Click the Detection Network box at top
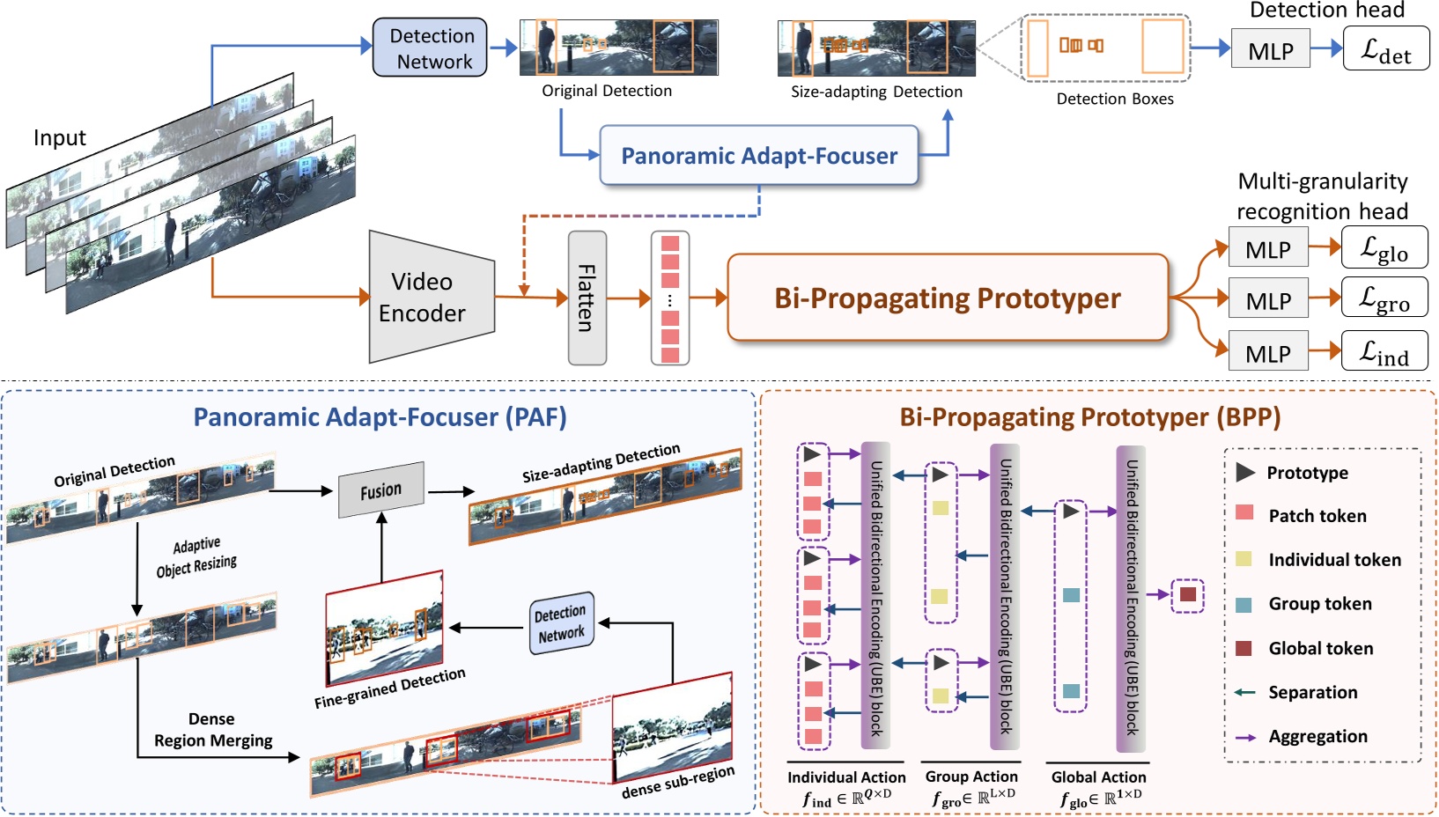click(x=430, y=48)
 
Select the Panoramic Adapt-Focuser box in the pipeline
click(x=759, y=156)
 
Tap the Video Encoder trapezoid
click(x=428, y=298)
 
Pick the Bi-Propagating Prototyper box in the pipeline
click(x=948, y=298)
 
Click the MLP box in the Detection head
click(x=1270, y=51)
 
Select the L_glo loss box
click(x=1384, y=249)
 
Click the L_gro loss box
click(x=1384, y=299)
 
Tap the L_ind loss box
click(x=1384, y=352)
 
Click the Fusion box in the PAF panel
click(x=381, y=490)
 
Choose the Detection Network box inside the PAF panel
click(x=561, y=623)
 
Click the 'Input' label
click(x=59, y=138)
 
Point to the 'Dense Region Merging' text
click(x=213, y=730)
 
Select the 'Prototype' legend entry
click(x=1307, y=473)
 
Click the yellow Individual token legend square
click(x=1243, y=559)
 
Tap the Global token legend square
click(x=1243, y=649)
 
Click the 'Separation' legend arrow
click(x=1244, y=693)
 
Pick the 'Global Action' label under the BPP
click(x=1098, y=777)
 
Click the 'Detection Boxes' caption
click(x=1114, y=99)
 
